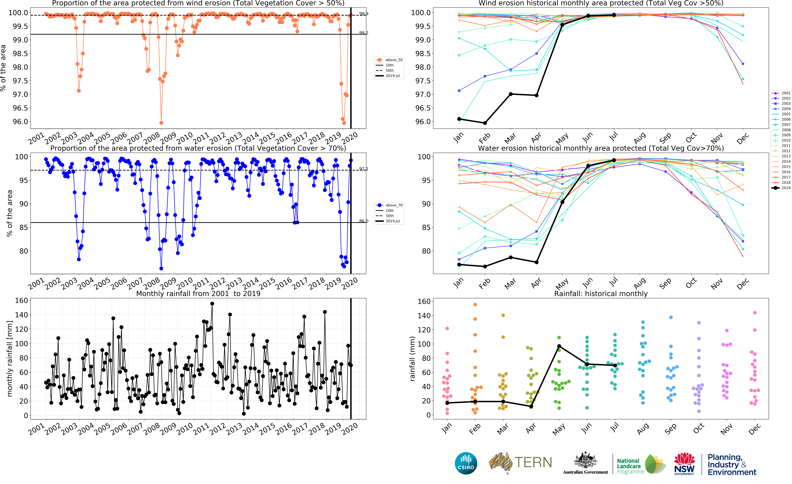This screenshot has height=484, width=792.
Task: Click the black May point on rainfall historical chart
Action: click(x=559, y=346)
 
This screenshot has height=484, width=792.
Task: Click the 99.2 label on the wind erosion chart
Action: click(x=364, y=33)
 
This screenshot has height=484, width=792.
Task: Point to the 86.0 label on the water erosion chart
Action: click(x=364, y=221)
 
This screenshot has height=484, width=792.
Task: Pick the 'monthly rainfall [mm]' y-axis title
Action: click(x=10, y=358)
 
